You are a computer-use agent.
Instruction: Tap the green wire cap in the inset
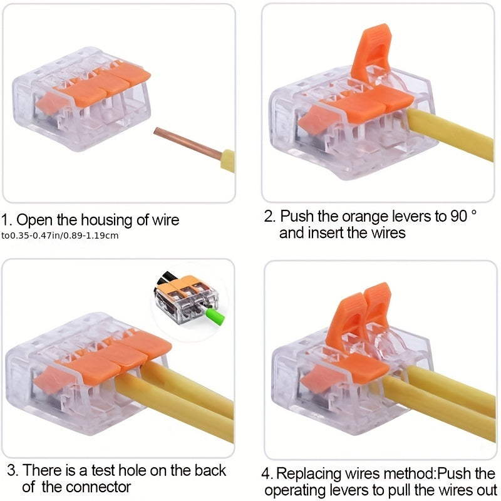pos(214,316)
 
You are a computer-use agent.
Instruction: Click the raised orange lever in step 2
pos(371,53)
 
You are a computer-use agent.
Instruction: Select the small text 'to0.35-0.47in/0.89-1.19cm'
pos(59,236)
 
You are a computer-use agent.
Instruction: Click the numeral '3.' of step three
pos(13,470)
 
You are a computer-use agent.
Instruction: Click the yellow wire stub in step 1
pos(228,161)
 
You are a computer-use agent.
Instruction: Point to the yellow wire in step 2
pos(450,134)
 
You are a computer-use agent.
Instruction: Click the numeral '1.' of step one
pos(6,220)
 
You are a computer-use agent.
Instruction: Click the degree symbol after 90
pos(473,212)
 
